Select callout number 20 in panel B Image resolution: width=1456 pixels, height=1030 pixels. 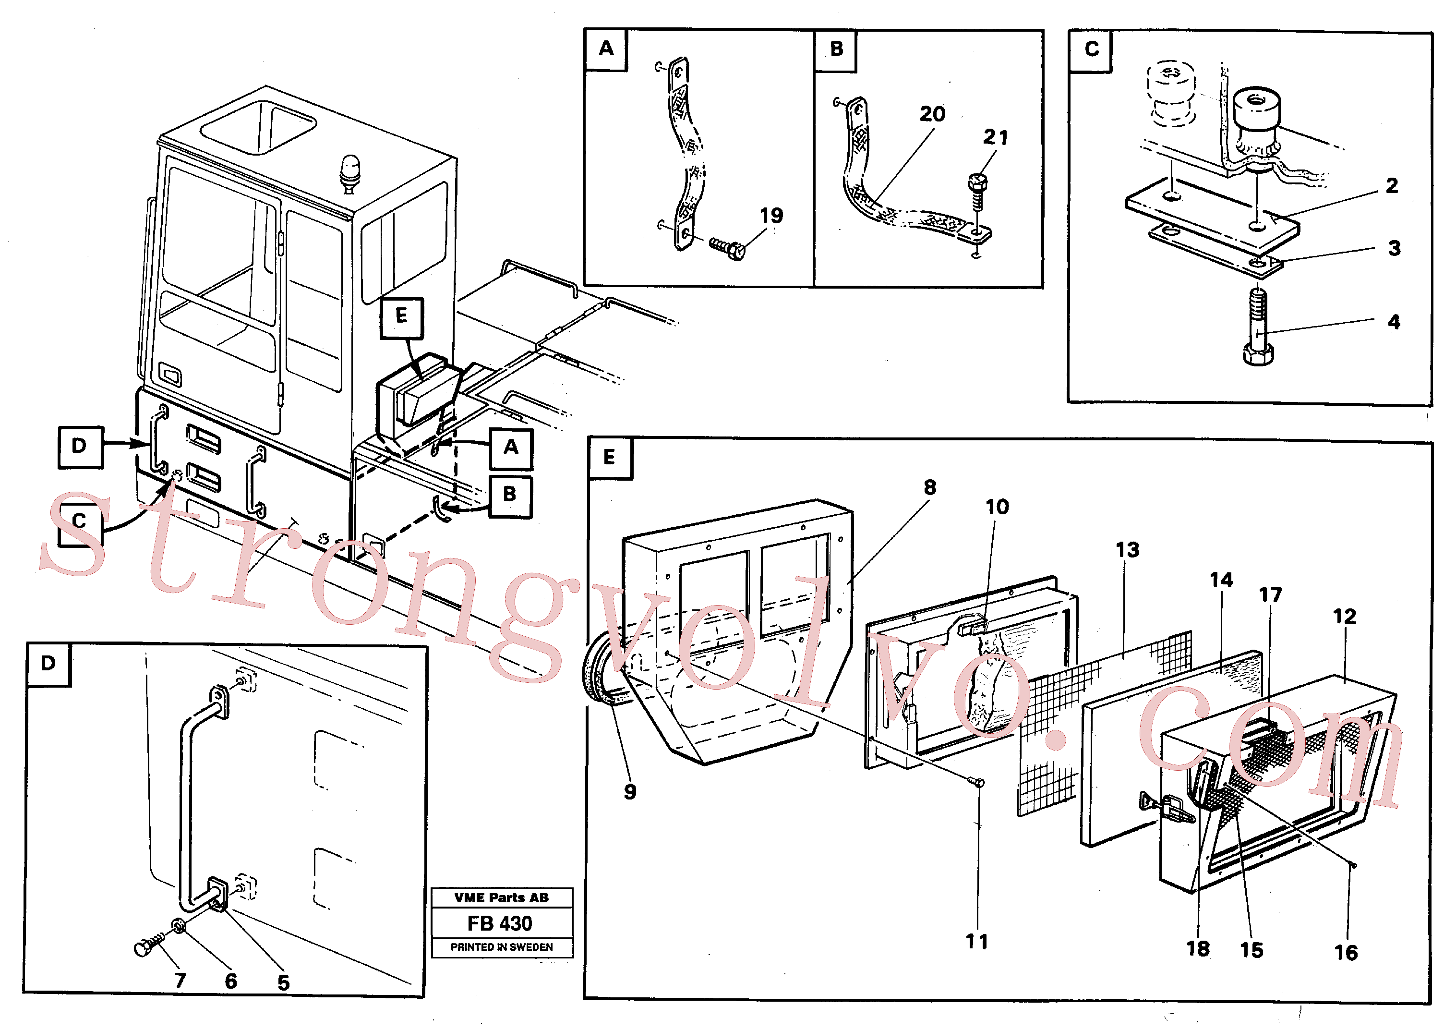932,114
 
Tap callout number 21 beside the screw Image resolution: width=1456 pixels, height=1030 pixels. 995,137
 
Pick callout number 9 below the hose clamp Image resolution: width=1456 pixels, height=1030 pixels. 630,791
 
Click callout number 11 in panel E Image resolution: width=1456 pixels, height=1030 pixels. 976,941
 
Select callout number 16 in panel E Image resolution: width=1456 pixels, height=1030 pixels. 1346,952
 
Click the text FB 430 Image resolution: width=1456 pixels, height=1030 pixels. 500,923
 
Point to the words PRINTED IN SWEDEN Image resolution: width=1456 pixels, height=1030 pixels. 502,947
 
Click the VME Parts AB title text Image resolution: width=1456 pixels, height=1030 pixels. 502,897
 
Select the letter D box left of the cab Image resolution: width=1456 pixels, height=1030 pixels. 80,447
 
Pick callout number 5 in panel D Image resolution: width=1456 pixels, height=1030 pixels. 283,982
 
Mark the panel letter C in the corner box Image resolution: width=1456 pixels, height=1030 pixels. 1091,49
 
